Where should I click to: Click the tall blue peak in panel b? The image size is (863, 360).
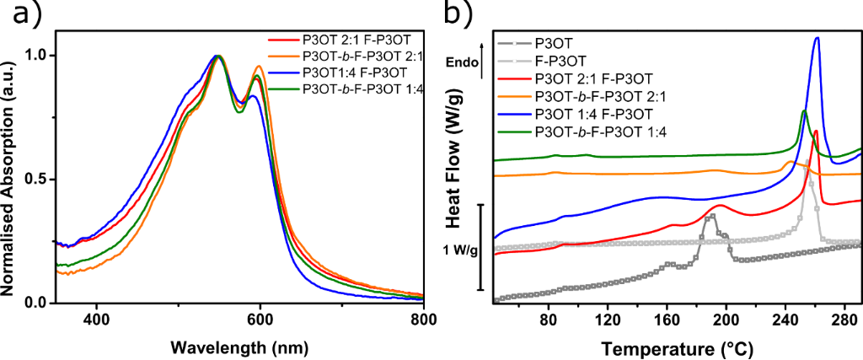coord(816,39)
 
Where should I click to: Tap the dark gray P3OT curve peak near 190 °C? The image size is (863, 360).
coord(712,216)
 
